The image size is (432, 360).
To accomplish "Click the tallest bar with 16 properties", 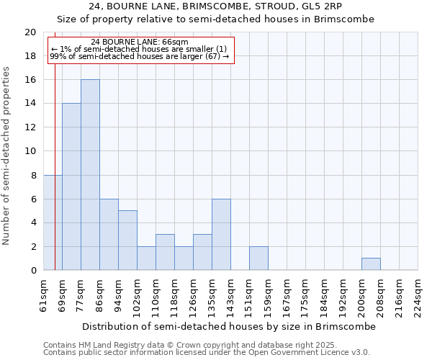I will tap(90, 175).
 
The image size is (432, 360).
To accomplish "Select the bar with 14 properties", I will tap(71, 186).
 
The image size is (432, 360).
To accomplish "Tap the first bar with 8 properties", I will tap(53, 222).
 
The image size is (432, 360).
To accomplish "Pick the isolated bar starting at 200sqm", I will tap(371, 264).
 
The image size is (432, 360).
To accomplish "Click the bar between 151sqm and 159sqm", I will tap(258, 258).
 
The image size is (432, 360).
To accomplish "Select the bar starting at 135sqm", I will tap(221, 235).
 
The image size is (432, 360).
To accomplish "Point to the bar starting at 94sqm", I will tap(127, 240).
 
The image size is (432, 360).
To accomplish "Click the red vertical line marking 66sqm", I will tap(55, 158).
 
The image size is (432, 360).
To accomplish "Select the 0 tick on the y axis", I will tap(33, 271).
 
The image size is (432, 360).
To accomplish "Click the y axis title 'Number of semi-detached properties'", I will tap(7, 155).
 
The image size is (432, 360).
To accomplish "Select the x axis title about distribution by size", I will tap(229, 326).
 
